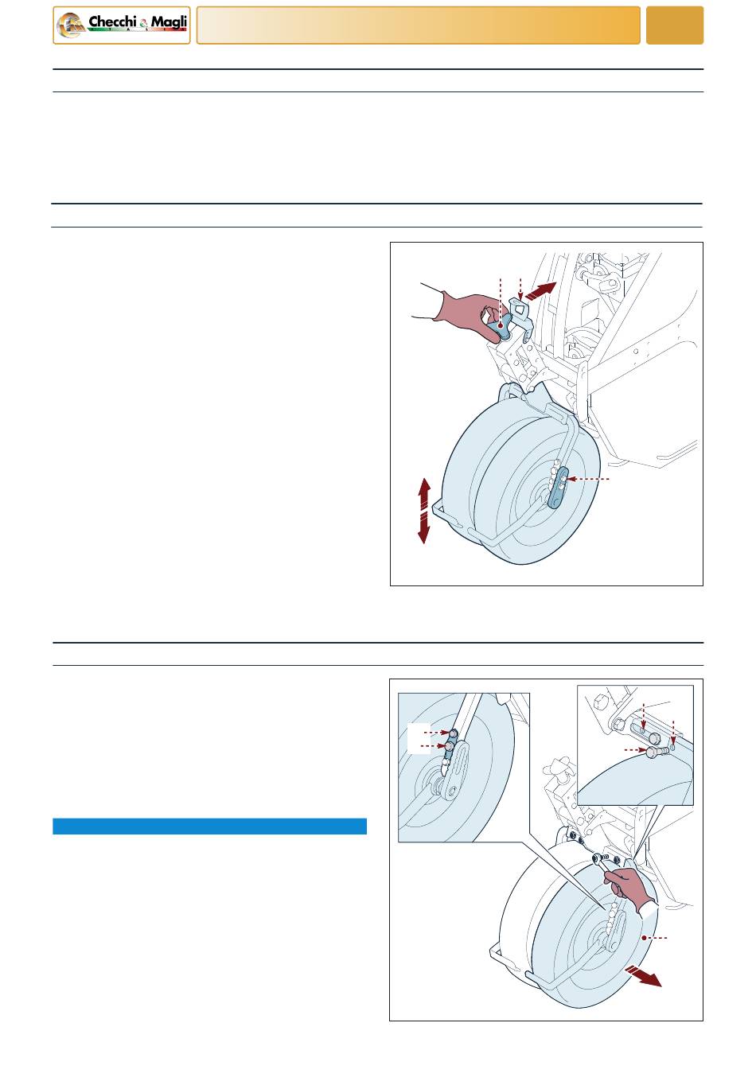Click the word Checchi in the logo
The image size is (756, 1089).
[x=113, y=22]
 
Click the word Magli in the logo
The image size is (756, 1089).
[x=169, y=22]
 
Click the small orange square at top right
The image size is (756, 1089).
[x=674, y=25]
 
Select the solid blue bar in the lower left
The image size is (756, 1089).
[x=209, y=826]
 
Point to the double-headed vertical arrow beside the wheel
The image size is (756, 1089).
[x=424, y=511]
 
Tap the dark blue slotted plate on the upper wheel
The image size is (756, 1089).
[x=558, y=488]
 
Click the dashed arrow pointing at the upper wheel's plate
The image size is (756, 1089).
[x=588, y=480]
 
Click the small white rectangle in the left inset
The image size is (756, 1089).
[x=419, y=738]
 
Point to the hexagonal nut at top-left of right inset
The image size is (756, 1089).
[x=601, y=702]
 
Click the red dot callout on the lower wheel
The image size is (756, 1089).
[x=644, y=938]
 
